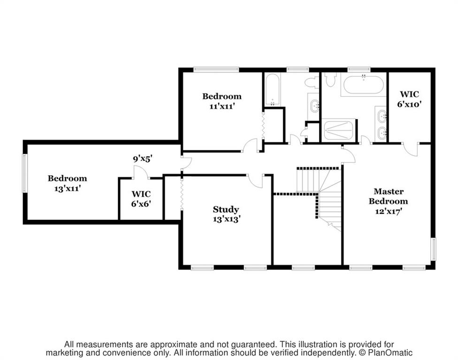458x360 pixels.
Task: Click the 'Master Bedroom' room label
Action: point(388,196)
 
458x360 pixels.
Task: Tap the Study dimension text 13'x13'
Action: point(227,219)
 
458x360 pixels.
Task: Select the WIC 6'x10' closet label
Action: point(409,99)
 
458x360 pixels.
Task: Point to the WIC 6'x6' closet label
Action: point(141,199)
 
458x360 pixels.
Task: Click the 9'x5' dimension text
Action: point(143,159)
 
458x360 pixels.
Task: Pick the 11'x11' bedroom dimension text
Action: point(222,106)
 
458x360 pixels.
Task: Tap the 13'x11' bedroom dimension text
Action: point(68,188)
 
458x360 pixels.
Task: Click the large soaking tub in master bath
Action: point(363,84)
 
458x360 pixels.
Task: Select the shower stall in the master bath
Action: point(339,130)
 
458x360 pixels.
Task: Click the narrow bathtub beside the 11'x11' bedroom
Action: point(272,89)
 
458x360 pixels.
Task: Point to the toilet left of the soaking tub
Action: point(330,80)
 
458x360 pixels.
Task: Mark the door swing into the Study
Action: point(256,181)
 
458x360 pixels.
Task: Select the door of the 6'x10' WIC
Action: point(411,150)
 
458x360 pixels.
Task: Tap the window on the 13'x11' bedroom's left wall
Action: point(25,173)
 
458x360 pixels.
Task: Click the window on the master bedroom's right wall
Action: point(434,249)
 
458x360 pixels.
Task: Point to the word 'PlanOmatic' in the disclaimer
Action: point(389,352)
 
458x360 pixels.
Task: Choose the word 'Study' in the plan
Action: point(226,210)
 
